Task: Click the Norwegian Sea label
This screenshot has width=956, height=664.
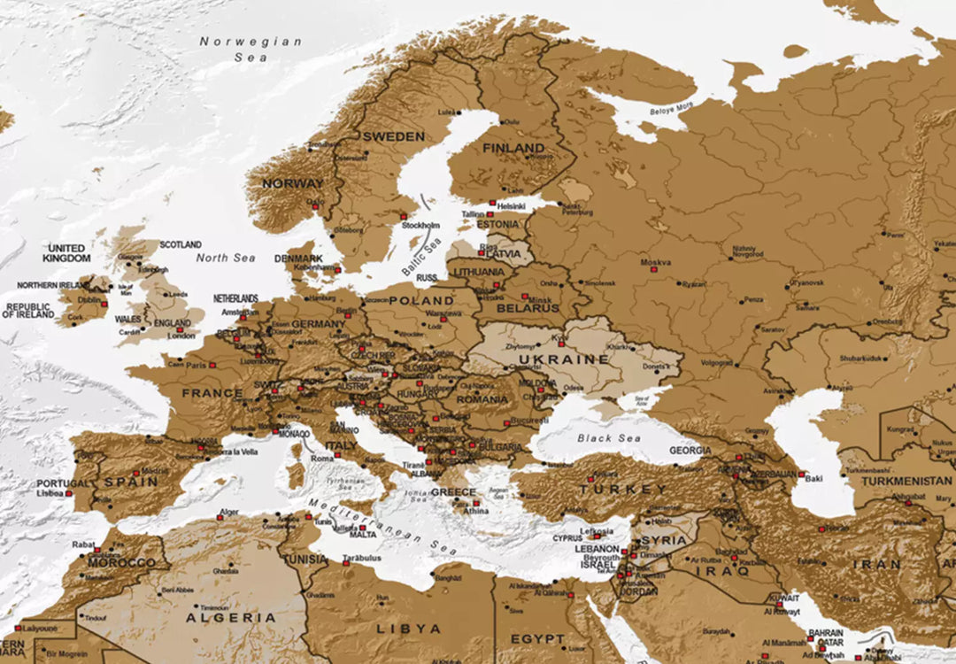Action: coord(251,49)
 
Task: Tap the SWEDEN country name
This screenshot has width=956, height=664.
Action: coord(393,136)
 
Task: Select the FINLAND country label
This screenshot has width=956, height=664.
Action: coord(513,147)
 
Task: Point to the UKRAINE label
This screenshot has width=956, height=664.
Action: coord(565,359)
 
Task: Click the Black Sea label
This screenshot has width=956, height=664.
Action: coord(608,438)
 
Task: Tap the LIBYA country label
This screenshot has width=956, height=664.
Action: coord(409,629)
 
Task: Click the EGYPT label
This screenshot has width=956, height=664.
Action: coord(537,638)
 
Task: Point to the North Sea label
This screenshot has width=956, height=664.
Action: coord(225,258)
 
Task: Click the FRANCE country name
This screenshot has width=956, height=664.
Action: coord(212,392)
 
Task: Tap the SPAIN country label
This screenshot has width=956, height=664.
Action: coord(131,482)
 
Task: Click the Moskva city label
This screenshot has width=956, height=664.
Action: coord(656,262)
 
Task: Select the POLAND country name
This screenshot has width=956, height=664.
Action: coord(421,301)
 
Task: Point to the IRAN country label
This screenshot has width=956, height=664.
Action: coord(876,564)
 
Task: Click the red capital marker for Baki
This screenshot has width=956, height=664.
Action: coord(801,475)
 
